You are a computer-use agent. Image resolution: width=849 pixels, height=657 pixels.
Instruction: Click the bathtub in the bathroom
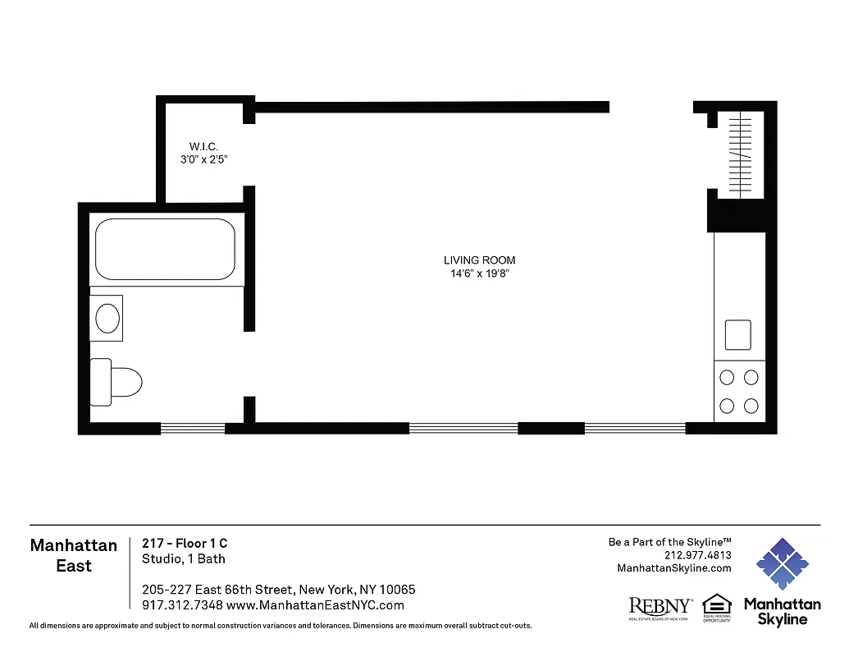click(x=165, y=249)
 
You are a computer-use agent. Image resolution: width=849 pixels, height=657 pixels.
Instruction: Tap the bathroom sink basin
click(x=107, y=318)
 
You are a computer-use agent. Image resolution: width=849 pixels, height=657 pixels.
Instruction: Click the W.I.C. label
click(x=203, y=146)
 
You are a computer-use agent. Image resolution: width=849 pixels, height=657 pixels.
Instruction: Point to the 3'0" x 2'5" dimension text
click(x=203, y=159)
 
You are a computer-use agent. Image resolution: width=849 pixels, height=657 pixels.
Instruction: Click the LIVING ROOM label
click(x=479, y=260)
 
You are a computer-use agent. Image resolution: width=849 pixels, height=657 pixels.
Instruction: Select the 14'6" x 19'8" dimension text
click(x=479, y=273)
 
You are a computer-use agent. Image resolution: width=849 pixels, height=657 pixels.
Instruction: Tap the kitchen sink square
click(x=738, y=334)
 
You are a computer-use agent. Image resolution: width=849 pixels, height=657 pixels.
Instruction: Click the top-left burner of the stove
click(x=727, y=378)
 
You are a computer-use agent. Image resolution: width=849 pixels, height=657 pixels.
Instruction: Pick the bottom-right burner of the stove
click(x=751, y=405)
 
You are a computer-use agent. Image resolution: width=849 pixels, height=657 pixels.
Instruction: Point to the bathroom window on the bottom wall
click(x=192, y=428)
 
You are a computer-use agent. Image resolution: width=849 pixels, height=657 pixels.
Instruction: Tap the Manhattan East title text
click(x=74, y=556)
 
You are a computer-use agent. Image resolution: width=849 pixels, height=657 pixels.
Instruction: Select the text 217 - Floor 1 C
click(x=185, y=544)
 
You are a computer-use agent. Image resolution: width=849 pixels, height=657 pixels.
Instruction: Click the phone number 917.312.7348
click(x=180, y=605)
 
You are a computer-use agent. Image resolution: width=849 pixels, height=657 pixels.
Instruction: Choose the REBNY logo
click(x=660, y=607)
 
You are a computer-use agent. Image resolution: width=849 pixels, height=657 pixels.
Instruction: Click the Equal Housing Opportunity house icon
click(x=716, y=604)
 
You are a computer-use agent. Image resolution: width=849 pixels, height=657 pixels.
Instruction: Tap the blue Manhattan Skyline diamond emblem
click(x=783, y=565)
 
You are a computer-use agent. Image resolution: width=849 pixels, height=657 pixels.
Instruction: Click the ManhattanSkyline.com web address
click(x=673, y=568)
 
